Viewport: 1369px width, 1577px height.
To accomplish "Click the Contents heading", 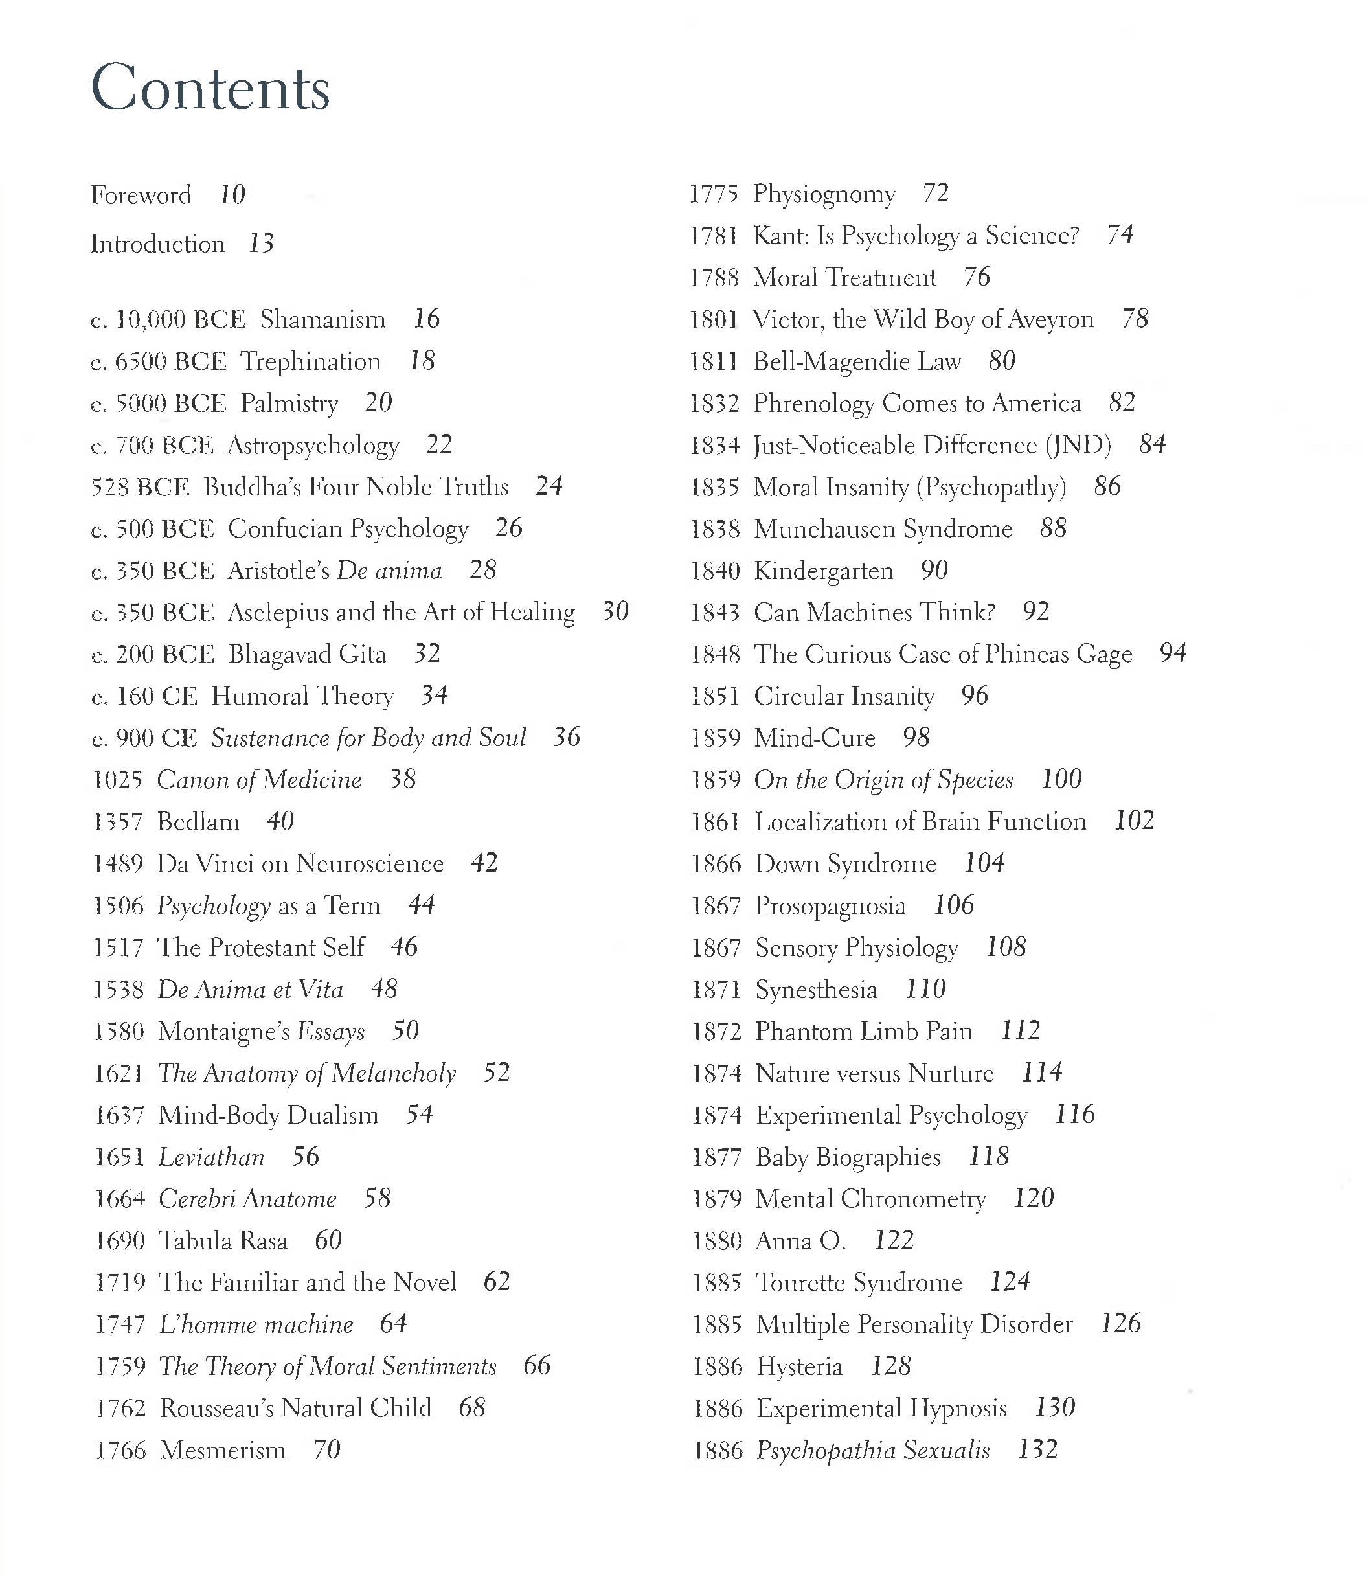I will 210,88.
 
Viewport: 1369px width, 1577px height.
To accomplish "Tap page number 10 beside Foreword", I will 232,195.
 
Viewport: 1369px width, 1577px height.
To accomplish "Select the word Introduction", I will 157,244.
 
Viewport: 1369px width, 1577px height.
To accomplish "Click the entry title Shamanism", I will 322,319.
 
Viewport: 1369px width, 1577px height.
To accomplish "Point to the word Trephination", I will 310,361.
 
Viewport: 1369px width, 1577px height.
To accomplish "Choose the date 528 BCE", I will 140,486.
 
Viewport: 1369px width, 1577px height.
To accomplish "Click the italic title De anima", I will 389,571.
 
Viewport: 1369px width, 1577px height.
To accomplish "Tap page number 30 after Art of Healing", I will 615,611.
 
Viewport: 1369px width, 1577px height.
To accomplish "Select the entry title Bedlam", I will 198,821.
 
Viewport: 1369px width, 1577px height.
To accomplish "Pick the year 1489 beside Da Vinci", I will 119,863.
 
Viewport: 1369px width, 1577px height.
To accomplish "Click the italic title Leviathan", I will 212,1157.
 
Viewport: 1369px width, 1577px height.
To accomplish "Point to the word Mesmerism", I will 222,1449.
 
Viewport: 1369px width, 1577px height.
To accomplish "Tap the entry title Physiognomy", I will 824,194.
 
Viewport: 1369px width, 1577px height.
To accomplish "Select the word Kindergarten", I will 823,571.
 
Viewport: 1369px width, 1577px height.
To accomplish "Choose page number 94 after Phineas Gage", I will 1173,653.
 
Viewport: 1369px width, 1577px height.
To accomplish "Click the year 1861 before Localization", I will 716,821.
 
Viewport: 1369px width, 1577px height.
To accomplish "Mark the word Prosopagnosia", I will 830,905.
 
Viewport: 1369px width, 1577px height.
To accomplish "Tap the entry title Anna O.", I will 800,1240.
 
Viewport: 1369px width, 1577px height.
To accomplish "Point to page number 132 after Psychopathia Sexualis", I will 1037,1449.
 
